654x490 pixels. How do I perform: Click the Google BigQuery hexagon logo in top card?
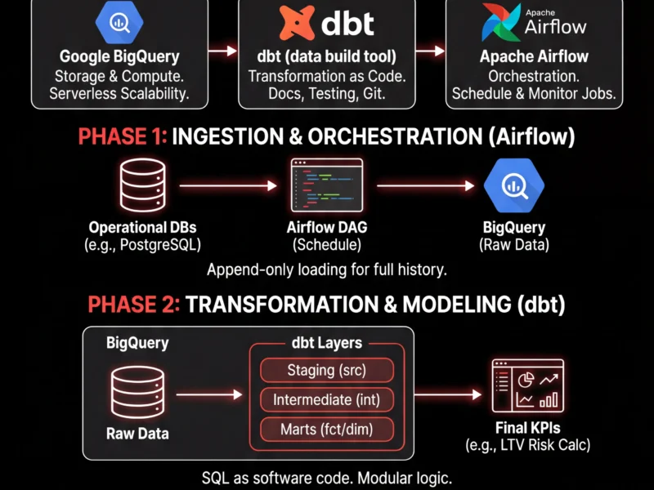[119, 22]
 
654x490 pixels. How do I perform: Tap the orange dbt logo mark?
[297, 23]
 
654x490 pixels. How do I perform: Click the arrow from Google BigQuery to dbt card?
[219, 51]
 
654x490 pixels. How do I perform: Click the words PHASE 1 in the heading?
[122, 137]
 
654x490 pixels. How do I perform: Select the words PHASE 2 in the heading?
[130, 305]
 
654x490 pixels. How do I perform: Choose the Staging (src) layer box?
[326, 370]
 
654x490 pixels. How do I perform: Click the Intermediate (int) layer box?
[326, 399]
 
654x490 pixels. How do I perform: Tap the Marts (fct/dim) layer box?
[326, 429]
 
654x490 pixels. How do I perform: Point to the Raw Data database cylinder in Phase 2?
[137, 393]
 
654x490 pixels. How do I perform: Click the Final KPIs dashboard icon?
[527, 385]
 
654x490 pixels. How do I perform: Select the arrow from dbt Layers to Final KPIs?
[446, 394]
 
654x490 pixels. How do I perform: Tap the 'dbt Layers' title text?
[326, 343]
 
